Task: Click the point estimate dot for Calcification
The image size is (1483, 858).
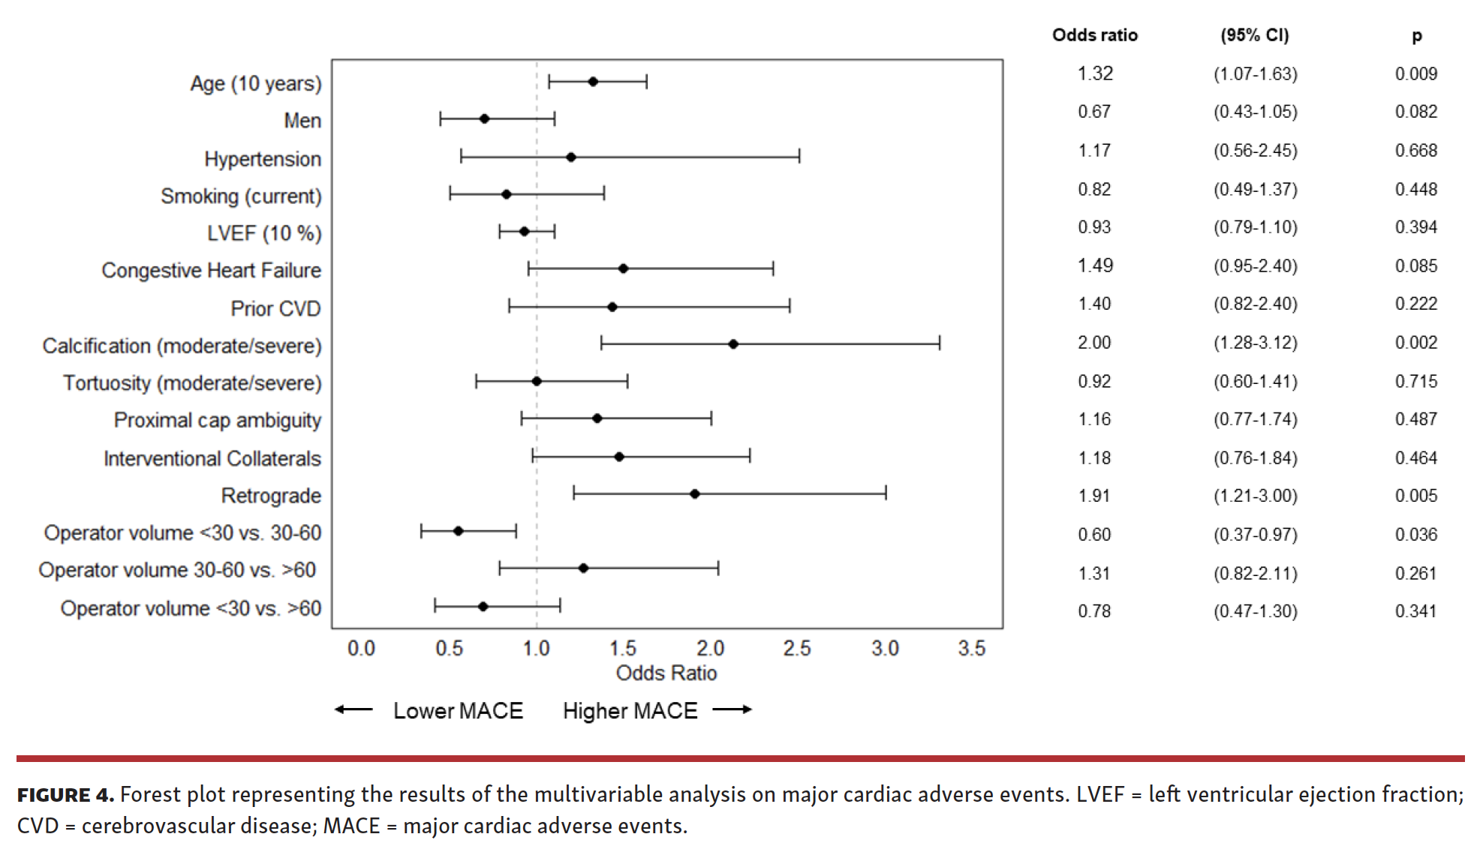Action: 733,344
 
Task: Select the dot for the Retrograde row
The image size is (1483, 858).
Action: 695,494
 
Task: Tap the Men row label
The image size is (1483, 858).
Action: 302,121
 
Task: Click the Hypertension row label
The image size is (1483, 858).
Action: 263,159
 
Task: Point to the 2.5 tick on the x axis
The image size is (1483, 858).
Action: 797,649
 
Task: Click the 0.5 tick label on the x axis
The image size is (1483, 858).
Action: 449,649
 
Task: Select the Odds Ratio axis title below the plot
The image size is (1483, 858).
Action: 666,673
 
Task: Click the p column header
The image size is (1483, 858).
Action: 1416,35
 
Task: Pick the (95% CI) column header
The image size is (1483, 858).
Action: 1255,35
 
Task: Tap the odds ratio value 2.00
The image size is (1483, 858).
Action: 1094,343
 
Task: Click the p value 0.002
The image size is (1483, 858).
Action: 1416,343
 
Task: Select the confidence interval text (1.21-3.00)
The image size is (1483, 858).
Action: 1256,496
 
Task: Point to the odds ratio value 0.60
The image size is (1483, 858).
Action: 1094,535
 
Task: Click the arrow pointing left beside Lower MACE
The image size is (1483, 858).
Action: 353,709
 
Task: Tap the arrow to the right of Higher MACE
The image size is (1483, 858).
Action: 732,709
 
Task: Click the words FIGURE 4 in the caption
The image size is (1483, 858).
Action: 65,795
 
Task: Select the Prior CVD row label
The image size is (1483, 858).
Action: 275,309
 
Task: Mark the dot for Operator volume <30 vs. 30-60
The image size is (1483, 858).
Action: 459,531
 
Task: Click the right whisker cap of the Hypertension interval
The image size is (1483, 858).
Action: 799,156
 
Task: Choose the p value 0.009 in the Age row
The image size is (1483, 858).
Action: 1416,73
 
